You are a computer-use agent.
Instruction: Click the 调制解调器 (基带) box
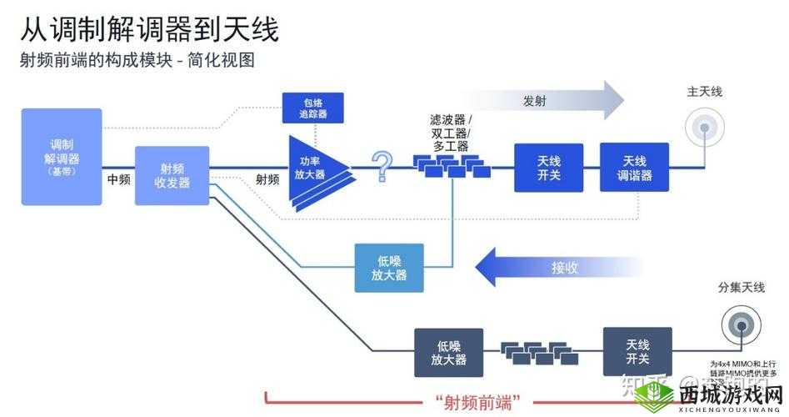62,157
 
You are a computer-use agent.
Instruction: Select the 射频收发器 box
172,175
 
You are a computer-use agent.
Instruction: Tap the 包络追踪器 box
312,107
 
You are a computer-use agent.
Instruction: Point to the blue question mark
382,166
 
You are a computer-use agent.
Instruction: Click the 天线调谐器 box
634,168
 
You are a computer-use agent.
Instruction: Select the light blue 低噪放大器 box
389,268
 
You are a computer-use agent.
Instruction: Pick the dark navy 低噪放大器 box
449,352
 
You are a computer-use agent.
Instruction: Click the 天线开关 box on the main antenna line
548,168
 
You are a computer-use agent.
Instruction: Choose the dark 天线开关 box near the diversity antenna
637,352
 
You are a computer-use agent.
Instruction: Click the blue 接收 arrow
558,268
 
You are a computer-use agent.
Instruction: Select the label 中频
118,179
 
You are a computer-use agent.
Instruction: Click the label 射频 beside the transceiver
267,179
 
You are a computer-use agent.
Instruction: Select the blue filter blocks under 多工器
453,167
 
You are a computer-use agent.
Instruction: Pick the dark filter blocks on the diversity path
538,351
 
